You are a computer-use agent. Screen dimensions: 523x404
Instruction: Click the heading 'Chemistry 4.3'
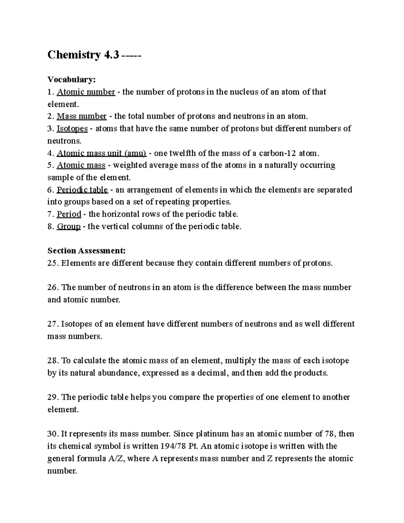83,55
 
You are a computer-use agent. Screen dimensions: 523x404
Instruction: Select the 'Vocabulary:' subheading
72,79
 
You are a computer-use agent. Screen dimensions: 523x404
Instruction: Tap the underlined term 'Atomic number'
86,92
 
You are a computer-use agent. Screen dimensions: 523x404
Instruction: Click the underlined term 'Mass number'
81,116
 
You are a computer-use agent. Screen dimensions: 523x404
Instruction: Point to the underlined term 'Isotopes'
72,128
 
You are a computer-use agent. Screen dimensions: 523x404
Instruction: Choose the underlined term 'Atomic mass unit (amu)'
101,153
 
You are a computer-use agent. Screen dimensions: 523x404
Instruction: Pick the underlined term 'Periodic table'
82,190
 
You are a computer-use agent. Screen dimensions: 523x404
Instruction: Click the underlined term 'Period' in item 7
69,214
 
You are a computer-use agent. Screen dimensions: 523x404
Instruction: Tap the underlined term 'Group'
69,226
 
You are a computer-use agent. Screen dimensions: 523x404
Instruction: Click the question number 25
53,263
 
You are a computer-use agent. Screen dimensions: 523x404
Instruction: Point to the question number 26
53,287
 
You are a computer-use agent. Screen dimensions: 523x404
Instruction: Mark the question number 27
53,324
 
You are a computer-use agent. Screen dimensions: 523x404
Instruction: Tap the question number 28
53,361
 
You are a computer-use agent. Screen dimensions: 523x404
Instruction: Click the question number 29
53,397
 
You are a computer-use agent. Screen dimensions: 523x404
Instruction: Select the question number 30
53,434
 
